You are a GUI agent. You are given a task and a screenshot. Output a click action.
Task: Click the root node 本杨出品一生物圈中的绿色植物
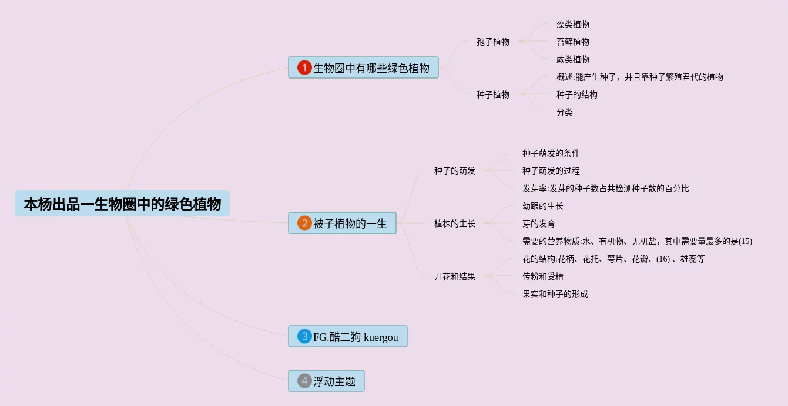(x=122, y=204)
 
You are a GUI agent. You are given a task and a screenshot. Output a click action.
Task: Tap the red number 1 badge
(x=304, y=67)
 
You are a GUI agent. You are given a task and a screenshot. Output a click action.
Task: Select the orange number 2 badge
(x=304, y=223)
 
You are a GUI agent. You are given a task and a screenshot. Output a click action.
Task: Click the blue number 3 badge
(x=304, y=336)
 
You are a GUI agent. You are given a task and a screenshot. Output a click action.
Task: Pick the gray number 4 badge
(x=304, y=381)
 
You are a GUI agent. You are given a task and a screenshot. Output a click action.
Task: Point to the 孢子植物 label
(x=493, y=42)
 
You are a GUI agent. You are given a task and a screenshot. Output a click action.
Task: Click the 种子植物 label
(x=493, y=94)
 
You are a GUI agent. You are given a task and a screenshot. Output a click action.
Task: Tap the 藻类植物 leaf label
(x=573, y=24)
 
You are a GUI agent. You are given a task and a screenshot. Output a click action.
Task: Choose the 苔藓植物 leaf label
(x=573, y=42)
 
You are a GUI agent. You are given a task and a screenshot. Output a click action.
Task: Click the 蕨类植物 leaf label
(x=573, y=59)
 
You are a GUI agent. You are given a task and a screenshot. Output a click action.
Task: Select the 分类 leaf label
(x=565, y=112)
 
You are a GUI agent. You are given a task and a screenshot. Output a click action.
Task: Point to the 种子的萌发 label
(x=455, y=171)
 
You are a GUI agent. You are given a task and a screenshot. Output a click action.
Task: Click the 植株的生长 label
(x=455, y=224)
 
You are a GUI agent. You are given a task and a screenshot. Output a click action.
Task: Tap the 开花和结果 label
(x=455, y=276)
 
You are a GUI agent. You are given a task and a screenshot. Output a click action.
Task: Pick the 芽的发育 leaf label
(x=539, y=224)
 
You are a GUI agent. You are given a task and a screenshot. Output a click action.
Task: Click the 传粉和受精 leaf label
(x=543, y=276)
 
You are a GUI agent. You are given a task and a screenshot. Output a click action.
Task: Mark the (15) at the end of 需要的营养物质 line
(x=745, y=241)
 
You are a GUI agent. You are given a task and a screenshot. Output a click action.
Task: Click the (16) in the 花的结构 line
(x=663, y=259)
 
